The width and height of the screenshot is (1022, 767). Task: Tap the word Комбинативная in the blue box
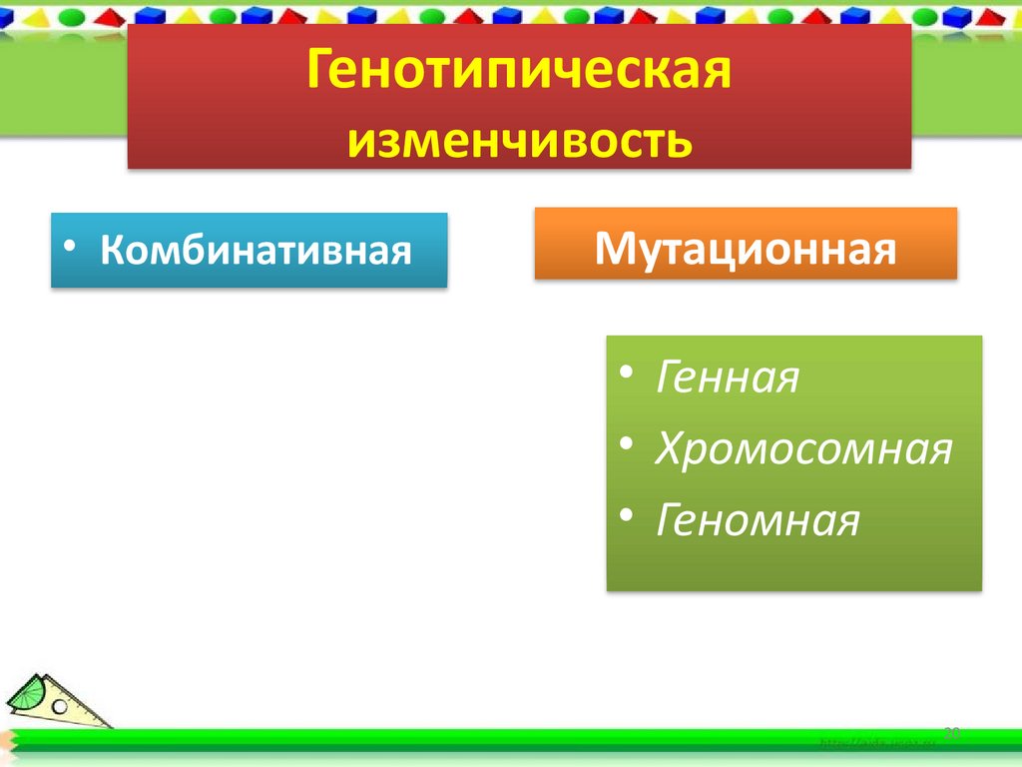(x=255, y=250)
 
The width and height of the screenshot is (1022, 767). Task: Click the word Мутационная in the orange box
(x=745, y=246)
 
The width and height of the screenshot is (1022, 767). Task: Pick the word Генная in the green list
(x=727, y=380)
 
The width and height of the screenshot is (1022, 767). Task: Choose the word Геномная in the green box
(x=757, y=520)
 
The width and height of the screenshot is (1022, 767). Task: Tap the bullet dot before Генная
(x=625, y=374)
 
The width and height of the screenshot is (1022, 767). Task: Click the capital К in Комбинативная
(x=112, y=250)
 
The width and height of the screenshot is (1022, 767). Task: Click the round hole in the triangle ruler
(x=60, y=705)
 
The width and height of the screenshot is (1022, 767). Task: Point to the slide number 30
(x=951, y=733)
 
